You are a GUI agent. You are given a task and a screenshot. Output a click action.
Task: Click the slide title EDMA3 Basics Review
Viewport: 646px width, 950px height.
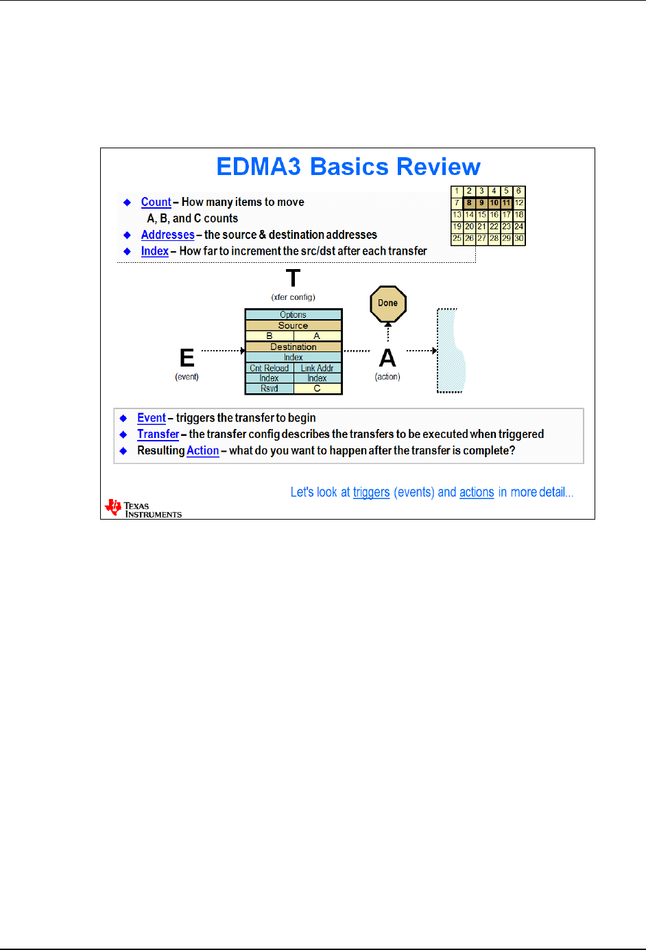[x=348, y=167]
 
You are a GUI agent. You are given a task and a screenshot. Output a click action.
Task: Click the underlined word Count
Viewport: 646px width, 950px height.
[x=156, y=202]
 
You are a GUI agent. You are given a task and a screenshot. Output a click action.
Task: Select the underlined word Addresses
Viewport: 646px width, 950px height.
[x=167, y=235]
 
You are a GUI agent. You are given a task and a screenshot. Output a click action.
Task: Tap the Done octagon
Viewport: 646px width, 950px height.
[x=388, y=303]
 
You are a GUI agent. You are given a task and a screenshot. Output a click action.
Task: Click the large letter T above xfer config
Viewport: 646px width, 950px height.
[x=293, y=279]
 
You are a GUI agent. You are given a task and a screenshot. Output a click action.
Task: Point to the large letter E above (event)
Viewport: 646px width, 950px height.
[x=187, y=358]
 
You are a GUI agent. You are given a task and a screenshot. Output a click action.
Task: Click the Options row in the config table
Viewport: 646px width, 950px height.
[x=293, y=315]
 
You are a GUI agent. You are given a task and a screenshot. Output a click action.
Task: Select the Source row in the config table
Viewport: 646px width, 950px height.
[x=293, y=325]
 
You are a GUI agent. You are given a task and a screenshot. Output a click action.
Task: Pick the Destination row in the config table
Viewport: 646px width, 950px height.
[x=293, y=347]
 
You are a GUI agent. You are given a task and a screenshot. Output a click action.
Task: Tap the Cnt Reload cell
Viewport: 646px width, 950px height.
[x=269, y=368]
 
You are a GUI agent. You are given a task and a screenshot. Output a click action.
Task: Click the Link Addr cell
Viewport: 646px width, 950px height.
[x=317, y=368]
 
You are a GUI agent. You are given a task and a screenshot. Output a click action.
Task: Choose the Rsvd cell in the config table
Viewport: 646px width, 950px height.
[x=269, y=389]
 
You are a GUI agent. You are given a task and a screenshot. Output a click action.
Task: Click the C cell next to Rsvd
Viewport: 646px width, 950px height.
[x=317, y=389]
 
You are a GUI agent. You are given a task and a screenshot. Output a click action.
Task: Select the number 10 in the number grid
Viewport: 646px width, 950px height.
[x=494, y=203]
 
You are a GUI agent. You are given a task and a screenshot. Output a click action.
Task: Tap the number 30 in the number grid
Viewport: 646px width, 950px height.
[x=519, y=238]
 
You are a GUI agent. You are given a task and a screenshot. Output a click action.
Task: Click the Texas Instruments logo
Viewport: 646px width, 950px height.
[x=143, y=509]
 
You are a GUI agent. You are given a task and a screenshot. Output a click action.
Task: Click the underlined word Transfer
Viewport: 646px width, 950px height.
[x=158, y=434]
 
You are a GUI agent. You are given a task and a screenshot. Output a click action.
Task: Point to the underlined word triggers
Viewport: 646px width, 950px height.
[x=371, y=492]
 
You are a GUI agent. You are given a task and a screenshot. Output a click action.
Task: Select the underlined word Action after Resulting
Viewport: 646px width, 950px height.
[x=202, y=450]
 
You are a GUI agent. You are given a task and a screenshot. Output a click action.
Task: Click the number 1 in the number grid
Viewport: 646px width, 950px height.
[x=457, y=191]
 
